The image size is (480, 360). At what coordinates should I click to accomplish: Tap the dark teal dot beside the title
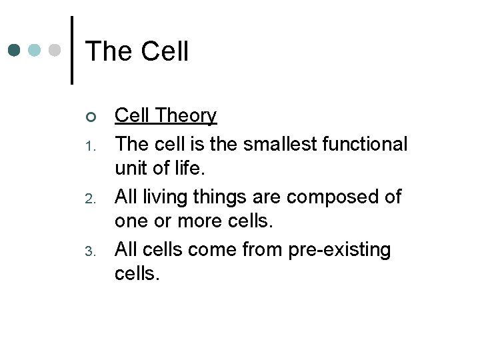(x=15, y=50)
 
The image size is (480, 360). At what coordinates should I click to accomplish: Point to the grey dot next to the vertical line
(x=56, y=50)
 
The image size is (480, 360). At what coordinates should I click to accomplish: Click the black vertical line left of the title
(x=71, y=51)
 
